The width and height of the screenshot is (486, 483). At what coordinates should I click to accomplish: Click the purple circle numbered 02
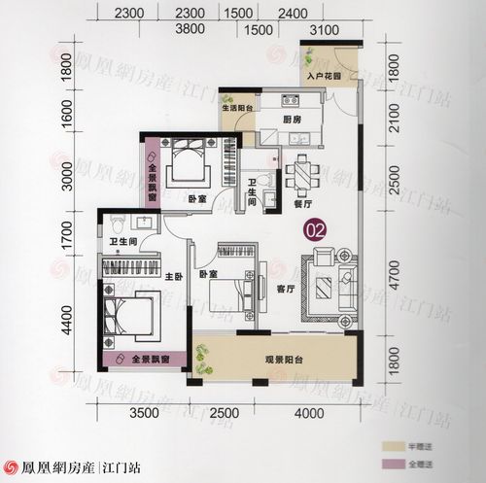pos(315,230)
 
